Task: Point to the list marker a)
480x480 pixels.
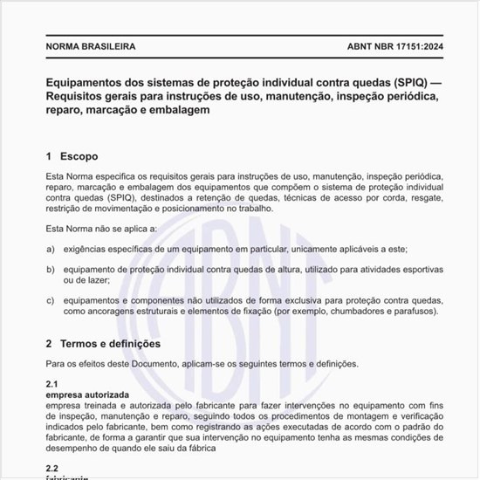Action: tap(50, 250)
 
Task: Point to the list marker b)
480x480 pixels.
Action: tap(50, 271)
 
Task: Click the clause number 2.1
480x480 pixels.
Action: tap(51, 384)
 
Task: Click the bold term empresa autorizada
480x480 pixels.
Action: tap(86, 394)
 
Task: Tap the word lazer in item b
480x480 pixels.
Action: tap(95, 281)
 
